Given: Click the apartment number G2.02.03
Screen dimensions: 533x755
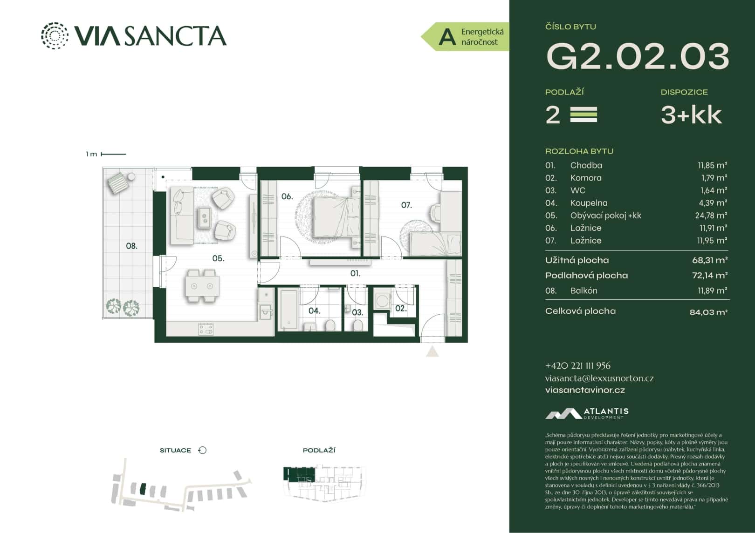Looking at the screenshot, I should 637,56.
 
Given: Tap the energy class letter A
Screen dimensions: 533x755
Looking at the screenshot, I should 447,37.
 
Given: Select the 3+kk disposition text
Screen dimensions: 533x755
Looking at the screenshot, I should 691,115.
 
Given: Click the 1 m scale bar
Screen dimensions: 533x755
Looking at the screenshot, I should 113,154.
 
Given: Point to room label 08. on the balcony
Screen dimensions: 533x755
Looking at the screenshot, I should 131,246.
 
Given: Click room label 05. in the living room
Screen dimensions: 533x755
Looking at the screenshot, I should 218,258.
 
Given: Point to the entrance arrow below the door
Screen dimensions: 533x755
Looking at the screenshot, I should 432,351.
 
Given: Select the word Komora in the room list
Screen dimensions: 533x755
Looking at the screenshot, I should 586,178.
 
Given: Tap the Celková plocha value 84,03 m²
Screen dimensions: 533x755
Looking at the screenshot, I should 708,312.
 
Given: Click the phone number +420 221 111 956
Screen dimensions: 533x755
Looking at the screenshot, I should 577,366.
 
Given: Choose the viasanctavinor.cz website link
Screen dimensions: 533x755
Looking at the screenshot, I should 585,390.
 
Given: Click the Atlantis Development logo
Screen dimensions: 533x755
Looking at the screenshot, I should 587,413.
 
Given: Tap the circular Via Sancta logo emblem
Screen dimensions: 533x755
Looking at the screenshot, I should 55,35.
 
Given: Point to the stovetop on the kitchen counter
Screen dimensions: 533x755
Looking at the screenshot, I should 206,329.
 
